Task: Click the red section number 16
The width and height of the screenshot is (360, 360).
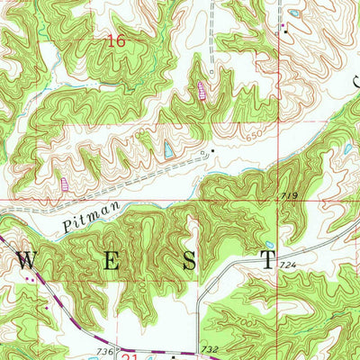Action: [x=114, y=40]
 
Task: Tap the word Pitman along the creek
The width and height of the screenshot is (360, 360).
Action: [x=85, y=219]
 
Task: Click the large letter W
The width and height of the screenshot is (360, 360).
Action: [x=26, y=262]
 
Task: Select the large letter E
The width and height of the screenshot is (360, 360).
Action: [x=110, y=262]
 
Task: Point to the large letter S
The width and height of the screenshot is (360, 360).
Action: [x=190, y=262]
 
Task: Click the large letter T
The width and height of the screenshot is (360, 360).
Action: [x=267, y=262]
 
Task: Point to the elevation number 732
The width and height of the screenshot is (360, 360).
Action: [x=210, y=348]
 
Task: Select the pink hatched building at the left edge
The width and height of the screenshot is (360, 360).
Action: [x=64, y=183]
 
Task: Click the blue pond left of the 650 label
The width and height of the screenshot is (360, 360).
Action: [x=167, y=149]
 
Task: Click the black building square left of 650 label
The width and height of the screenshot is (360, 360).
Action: [x=212, y=149]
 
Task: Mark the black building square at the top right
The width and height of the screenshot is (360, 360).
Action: [x=286, y=27]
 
